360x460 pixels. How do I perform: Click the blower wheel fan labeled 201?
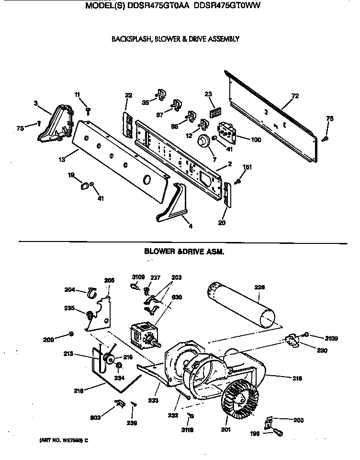(242, 393)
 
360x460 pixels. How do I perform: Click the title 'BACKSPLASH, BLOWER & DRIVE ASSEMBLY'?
(175, 39)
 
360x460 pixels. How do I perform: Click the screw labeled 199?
(278, 433)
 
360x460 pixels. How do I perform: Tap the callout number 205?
(109, 281)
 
